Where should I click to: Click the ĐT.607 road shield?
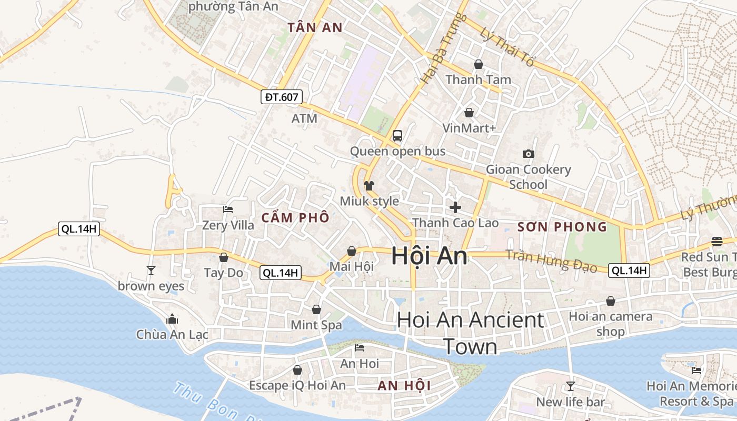pyautogui.click(x=282, y=97)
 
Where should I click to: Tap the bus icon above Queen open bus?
pyautogui.click(x=397, y=135)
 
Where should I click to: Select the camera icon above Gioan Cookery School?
pyautogui.click(x=528, y=154)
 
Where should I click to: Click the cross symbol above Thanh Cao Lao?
pyautogui.click(x=455, y=207)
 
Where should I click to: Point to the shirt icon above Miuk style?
pyautogui.click(x=369, y=185)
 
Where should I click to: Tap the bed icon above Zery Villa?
pyautogui.click(x=228, y=209)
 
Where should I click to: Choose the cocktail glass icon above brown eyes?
pyautogui.click(x=151, y=270)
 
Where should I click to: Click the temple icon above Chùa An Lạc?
pyautogui.click(x=172, y=319)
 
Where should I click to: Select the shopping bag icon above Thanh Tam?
pyautogui.click(x=479, y=64)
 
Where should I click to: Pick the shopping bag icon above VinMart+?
pyautogui.click(x=469, y=113)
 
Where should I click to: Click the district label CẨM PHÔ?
pyautogui.click(x=295, y=217)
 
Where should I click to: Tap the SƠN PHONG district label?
pyautogui.click(x=562, y=227)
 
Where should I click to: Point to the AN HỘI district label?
pyautogui.click(x=404, y=386)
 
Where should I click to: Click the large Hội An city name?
pyautogui.click(x=429, y=256)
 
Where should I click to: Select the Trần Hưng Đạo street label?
pyautogui.click(x=551, y=261)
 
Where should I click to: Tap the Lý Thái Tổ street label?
pyautogui.click(x=507, y=47)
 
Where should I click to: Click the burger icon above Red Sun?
pyautogui.click(x=717, y=242)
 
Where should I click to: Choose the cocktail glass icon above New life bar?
pyautogui.click(x=570, y=386)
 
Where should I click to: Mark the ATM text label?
pyautogui.click(x=304, y=118)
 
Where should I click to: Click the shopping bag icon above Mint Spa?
pyautogui.click(x=316, y=309)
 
